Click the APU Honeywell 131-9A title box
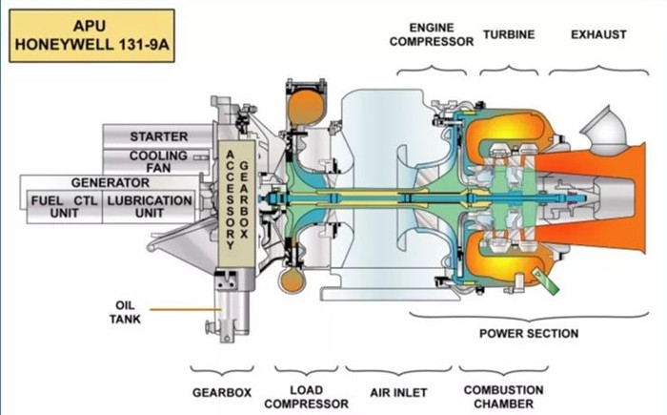click(92, 35)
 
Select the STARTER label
click(158, 136)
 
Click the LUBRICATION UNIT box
click(149, 206)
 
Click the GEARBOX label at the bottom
click(220, 391)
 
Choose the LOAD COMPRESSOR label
click(306, 397)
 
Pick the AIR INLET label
click(398, 391)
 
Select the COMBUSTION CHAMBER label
click(503, 397)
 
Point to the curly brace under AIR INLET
click(398, 368)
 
